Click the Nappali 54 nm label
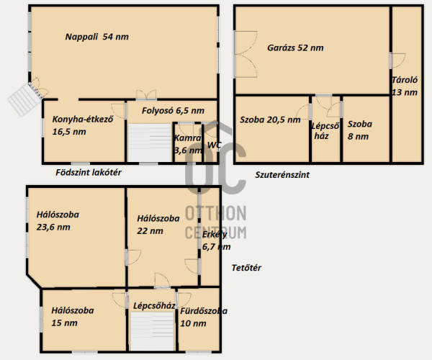pos(97,37)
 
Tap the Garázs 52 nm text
pos(295,48)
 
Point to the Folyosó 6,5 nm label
pos(173,111)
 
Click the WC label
pos(215,145)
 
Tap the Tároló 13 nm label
pos(405,86)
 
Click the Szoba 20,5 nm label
pos(270,120)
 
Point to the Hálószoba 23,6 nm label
pos(58,220)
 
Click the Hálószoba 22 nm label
pos(158,225)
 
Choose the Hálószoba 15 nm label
pos(73,317)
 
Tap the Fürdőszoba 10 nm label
pos(204,317)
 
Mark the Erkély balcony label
pos(216,240)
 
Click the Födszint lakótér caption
pos(89,172)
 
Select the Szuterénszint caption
pos(282,175)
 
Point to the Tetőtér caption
pos(246,268)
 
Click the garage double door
pos(246,54)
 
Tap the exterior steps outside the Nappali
pos(24,99)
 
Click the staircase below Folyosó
pos(150,143)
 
